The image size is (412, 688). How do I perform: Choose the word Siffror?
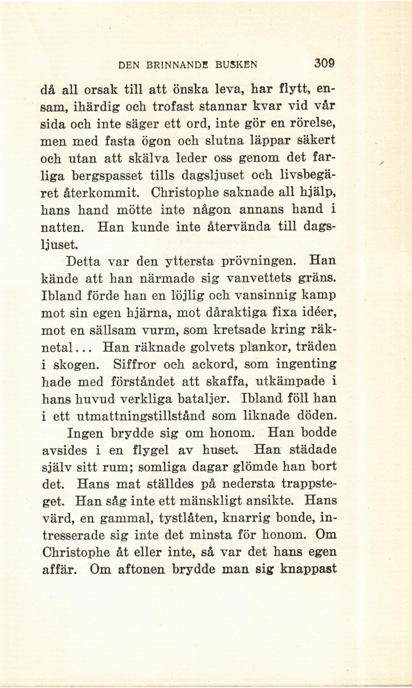click(x=134, y=365)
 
